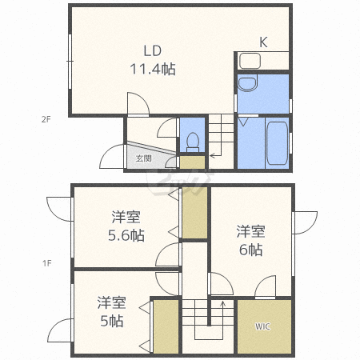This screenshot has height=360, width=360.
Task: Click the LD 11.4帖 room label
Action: click(153, 60)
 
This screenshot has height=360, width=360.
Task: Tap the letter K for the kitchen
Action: click(263, 42)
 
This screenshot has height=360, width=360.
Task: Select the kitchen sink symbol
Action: click(250, 61)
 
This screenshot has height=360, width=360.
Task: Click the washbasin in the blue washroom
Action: click(247, 82)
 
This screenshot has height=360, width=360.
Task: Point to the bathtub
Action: click(277, 143)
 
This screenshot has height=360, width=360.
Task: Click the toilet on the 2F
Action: click(193, 142)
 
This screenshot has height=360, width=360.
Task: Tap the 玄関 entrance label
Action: click(144, 158)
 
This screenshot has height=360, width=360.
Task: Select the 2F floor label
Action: click(46, 119)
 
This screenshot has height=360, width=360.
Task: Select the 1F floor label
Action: click(46, 263)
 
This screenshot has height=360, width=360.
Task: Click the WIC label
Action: click(262, 326)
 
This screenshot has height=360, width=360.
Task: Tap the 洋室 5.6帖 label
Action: click(126, 226)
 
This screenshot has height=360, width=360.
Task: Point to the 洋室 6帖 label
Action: click(250, 241)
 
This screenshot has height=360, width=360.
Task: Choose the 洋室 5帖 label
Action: click(111, 311)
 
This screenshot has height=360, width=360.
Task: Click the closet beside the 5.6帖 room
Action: click(194, 213)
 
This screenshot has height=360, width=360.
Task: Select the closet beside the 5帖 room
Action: click(166, 327)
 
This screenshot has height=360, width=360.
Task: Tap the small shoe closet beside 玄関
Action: click(192, 162)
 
